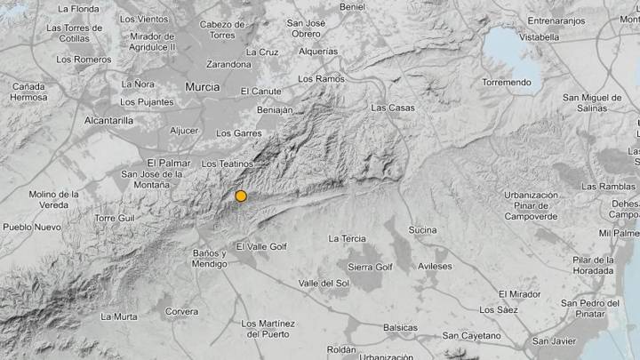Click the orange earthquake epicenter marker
click(x=240, y=196)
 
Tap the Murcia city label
click(x=202, y=86)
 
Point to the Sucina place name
click(x=422, y=230)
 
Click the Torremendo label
click(x=507, y=83)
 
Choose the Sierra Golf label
click(x=370, y=267)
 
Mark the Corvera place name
click(x=181, y=311)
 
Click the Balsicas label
click(x=400, y=327)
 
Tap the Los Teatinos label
click(x=228, y=164)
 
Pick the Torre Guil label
click(x=115, y=218)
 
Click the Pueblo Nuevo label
click(x=32, y=227)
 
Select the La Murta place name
click(x=118, y=316)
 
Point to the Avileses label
click(x=435, y=267)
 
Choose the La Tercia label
click(x=347, y=238)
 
